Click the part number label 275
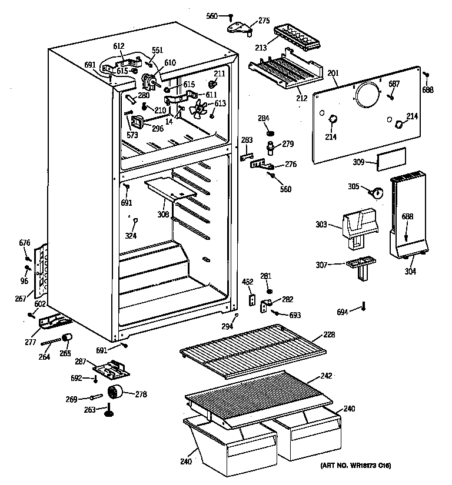point(264,21)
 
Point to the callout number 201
point(333,73)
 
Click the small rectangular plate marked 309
point(391,158)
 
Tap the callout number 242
point(326,375)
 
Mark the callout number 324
point(130,236)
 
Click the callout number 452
point(248,282)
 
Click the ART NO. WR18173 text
point(355,466)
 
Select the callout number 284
point(263,118)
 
